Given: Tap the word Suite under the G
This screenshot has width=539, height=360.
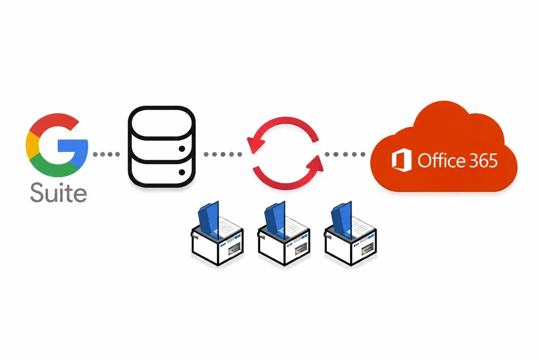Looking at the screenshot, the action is [x=58, y=193].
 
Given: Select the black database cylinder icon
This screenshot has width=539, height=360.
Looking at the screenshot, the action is [x=162, y=146].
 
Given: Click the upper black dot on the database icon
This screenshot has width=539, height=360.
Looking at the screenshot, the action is [x=182, y=149].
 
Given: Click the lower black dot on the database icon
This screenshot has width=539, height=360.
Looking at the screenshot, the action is [x=182, y=172].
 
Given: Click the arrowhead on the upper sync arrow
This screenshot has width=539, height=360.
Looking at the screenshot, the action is [x=256, y=145].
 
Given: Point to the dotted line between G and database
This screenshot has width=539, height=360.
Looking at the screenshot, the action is [x=106, y=154].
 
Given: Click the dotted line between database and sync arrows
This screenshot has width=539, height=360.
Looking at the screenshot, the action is [x=223, y=154].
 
